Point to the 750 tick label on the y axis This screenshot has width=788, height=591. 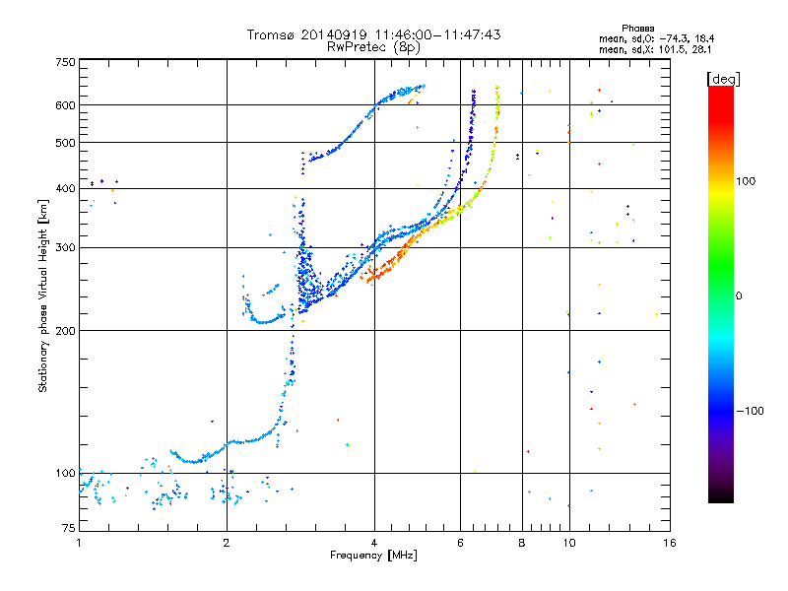tap(65, 62)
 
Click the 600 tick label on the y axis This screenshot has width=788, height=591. tap(65, 105)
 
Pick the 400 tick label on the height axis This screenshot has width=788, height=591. tap(65, 188)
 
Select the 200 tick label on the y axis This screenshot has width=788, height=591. tap(65, 331)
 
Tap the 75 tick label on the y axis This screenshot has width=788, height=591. tap(69, 528)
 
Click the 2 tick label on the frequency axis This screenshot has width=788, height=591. tap(227, 543)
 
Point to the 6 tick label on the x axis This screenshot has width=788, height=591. tap(460, 543)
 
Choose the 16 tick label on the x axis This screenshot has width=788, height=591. tap(670, 543)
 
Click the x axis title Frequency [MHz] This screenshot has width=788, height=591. tap(373, 556)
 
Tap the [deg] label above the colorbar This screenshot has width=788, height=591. tap(723, 79)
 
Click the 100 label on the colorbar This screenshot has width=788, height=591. tap(746, 181)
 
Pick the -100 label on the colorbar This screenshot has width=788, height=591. tap(751, 411)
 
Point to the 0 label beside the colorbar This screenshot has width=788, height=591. tap(739, 296)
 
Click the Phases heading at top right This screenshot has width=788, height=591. tap(638, 29)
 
